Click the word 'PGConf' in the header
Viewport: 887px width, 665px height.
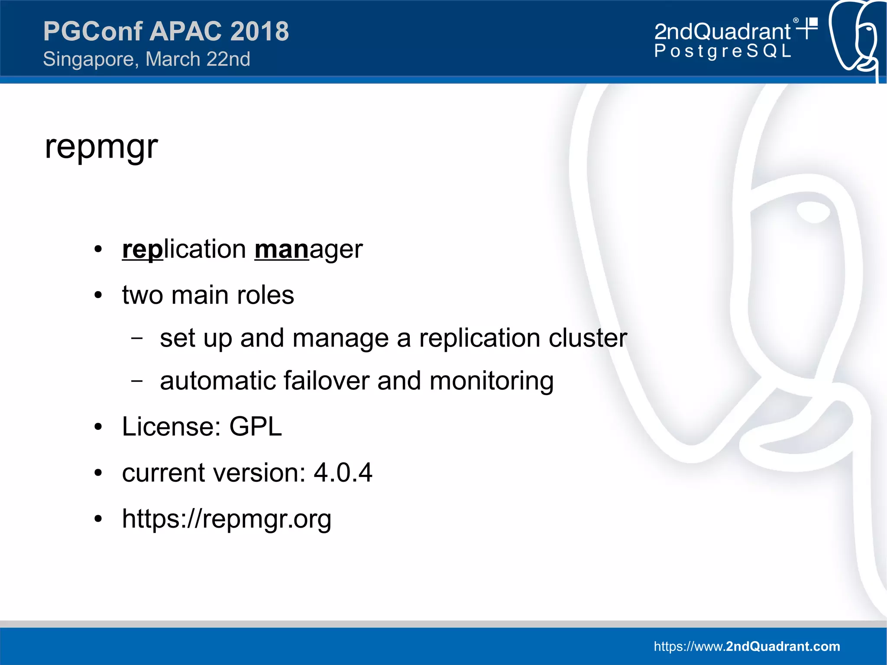93,31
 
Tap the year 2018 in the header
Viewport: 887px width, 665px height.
259,31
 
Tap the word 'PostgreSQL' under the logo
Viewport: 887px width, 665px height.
722,51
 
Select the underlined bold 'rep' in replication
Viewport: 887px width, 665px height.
142,250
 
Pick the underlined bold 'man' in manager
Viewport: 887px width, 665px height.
282,250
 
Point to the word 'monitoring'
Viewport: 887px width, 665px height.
491,381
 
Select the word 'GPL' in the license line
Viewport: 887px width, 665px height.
256,427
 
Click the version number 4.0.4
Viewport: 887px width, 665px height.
343,472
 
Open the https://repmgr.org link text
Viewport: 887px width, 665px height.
227,519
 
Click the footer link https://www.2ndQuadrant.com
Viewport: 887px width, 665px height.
747,646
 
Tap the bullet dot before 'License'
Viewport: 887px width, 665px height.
98,427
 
